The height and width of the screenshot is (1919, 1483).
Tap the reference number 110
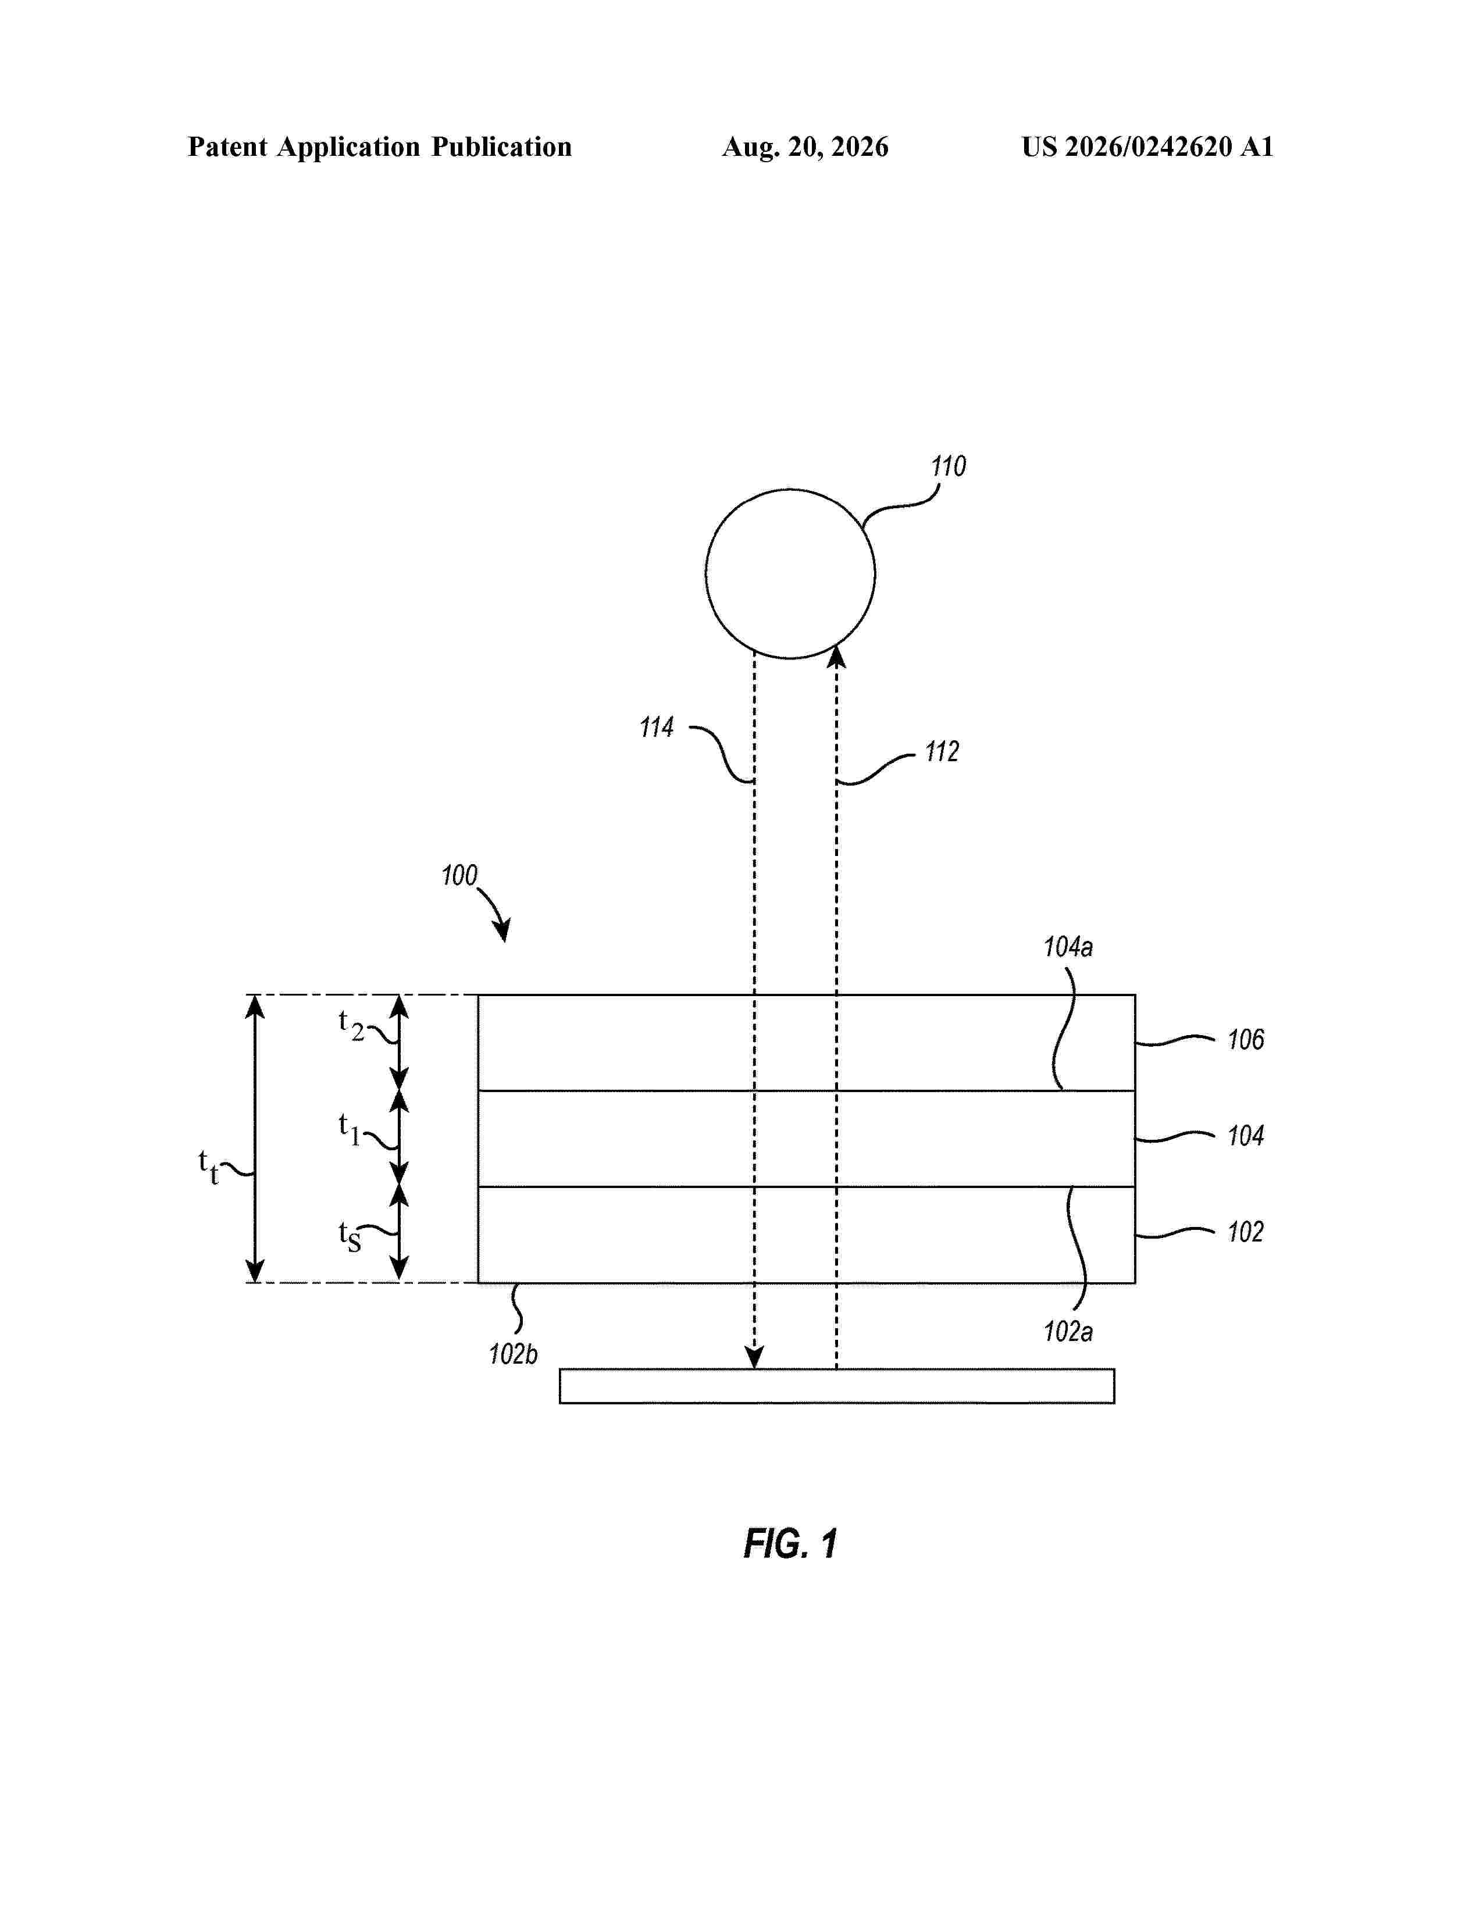pyautogui.click(x=948, y=466)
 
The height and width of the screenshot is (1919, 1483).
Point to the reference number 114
pyautogui.click(x=656, y=727)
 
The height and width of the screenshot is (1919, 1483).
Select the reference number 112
pyautogui.click(x=942, y=752)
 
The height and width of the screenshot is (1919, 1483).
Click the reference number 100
pyautogui.click(x=459, y=875)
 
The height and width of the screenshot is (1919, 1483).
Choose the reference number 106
pyautogui.click(x=1246, y=1040)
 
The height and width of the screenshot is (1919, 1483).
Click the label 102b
pyautogui.click(x=513, y=1354)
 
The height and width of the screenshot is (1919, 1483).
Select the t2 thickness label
pyautogui.click(x=351, y=1025)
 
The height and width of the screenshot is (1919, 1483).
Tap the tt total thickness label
pyautogui.click(x=208, y=1167)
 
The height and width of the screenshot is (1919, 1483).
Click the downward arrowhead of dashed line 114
pyautogui.click(x=754, y=1357)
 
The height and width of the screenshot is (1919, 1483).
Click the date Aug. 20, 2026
pyautogui.click(x=805, y=147)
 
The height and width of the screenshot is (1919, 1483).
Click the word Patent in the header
pyautogui.click(x=227, y=147)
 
